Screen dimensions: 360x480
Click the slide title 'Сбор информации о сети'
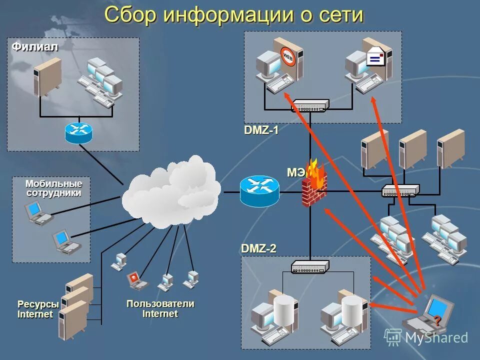pos(233,14)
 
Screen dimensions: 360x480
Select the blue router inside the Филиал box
pos(78,132)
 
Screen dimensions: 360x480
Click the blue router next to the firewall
pos(258,190)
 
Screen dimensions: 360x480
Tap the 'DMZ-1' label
pos(261,130)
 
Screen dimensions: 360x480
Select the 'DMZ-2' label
pos(258,248)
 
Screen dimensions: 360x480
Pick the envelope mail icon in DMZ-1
pos(375,57)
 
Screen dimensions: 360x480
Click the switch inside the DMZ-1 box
pos(310,105)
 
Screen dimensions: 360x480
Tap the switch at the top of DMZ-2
pos(310,267)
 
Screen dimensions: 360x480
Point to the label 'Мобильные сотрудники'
pos(53,188)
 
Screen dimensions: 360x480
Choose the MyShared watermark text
pos(435,337)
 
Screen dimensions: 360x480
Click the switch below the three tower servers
pos(400,190)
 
